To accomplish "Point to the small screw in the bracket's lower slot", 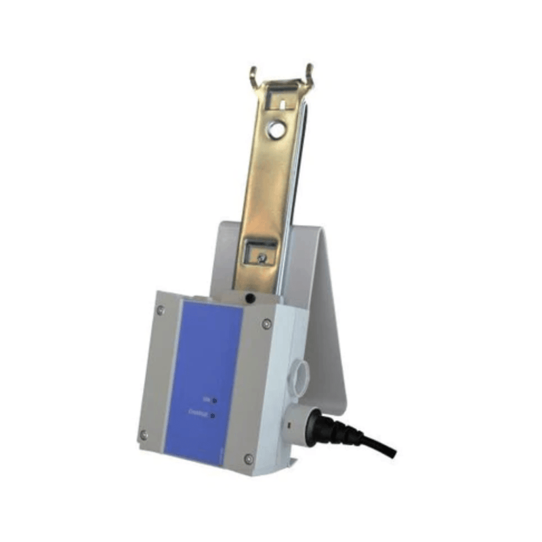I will (261, 255).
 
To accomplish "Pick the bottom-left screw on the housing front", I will (144, 434).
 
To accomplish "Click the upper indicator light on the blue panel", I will (214, 400).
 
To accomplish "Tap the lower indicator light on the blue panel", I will (213, 415).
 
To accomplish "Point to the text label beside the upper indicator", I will (206, 399).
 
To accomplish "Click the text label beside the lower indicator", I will (201, 413).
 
